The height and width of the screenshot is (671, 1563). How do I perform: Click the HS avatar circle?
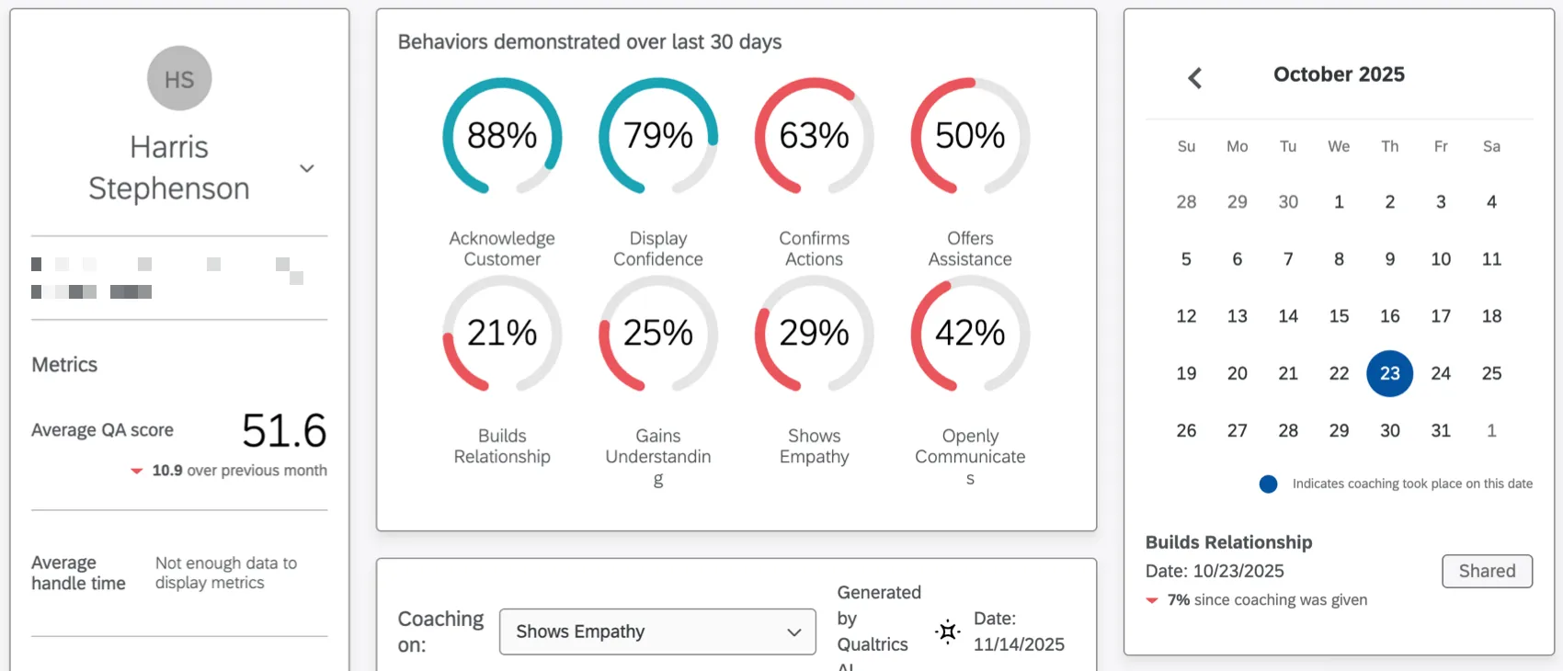(179, 79)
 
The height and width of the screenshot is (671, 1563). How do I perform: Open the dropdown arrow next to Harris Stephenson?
(307, 168)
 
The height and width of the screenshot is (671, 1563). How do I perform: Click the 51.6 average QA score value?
(284, 430)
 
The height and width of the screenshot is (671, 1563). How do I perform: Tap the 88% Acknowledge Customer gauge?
(502, 136)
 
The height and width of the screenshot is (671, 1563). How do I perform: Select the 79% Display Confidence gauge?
(658, 136)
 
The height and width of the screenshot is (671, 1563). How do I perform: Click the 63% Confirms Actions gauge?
(814, 136)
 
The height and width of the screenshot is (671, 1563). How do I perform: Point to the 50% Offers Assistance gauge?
(970, 136)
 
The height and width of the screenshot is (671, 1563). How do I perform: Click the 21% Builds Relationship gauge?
(502, 334)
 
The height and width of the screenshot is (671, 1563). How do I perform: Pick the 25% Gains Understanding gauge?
(658, 334)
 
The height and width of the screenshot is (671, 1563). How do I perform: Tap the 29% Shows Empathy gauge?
(814, 334)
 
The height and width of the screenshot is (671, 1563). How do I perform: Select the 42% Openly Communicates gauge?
(970, 334)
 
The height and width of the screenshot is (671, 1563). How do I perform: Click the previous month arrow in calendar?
(1194, 78)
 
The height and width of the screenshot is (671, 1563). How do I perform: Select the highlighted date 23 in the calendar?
(1389, 373)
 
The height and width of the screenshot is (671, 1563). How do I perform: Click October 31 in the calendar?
(1441, 430)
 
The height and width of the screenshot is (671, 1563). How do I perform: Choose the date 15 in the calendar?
(1339, 316)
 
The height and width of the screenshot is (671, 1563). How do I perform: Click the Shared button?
(1487, 571)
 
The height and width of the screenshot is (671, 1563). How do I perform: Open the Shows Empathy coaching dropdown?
(657, 631)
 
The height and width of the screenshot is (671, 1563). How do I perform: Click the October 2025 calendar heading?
(1339, 74)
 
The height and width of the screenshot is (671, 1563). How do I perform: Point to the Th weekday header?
(1389, 146)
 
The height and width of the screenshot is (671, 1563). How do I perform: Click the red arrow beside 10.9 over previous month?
(137, 471)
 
